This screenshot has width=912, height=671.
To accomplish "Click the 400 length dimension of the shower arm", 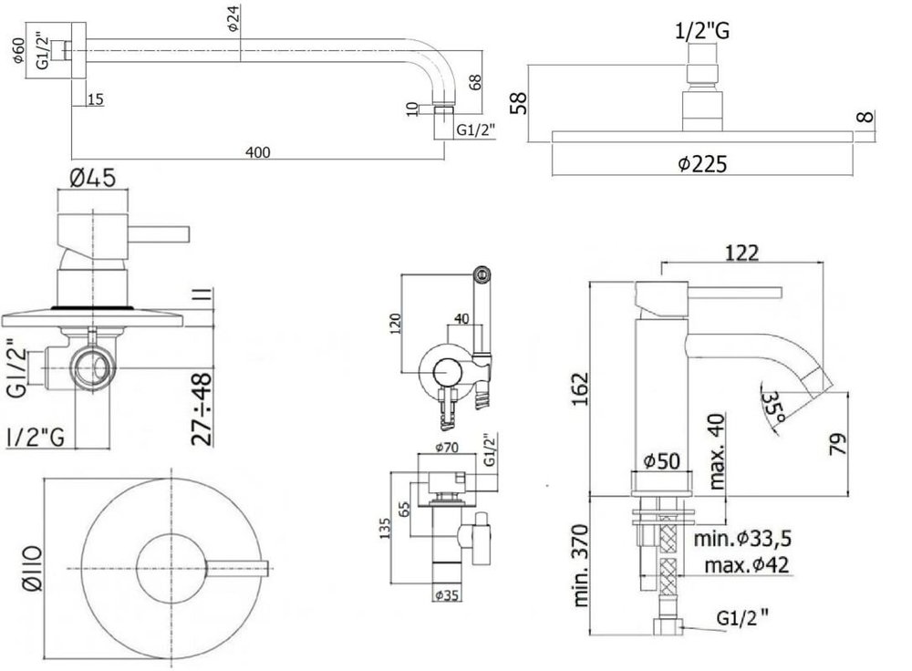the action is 258,152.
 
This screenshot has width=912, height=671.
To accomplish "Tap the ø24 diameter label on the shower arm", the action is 233,18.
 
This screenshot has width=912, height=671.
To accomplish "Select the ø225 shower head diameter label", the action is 702,164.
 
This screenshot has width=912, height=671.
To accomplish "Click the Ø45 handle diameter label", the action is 92,178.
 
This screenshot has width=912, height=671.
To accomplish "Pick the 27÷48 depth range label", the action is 202,409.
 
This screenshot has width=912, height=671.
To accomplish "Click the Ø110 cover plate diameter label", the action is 33,568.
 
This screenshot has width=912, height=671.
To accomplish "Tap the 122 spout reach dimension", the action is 742,253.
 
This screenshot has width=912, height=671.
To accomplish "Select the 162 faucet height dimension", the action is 580,388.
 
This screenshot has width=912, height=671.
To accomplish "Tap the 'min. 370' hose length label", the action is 581,566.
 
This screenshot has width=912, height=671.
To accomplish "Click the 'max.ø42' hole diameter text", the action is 747,564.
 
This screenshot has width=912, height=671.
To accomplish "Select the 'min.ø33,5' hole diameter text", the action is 742,539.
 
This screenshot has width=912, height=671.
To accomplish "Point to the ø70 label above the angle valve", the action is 447,447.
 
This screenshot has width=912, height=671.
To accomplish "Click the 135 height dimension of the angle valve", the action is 385,528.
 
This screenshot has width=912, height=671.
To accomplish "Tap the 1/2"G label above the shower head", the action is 702,30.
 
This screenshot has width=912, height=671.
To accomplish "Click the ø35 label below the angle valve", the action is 447,596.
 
